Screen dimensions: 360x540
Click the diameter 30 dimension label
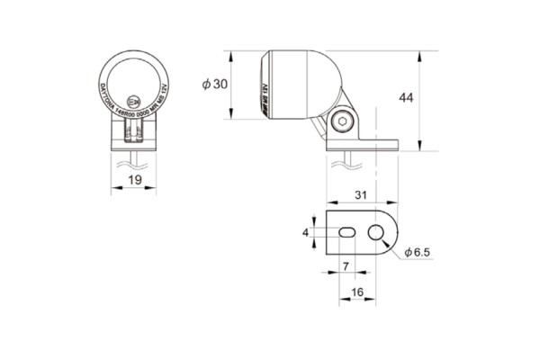(214, 85)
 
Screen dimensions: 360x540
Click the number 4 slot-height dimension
(306, 232)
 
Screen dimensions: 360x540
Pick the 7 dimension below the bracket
(347, 265)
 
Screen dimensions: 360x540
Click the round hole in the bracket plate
(376, 233)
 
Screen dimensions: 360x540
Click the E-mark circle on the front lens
(135, 101)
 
